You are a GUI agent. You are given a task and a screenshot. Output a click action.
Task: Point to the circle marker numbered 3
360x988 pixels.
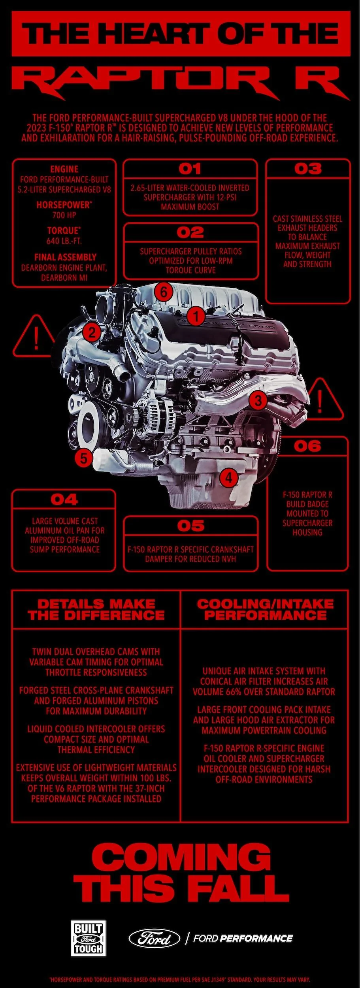coord(258,400)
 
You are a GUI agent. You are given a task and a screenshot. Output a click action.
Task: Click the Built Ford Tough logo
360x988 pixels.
coord(88,938)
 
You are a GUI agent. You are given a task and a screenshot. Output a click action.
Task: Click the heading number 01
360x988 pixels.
coord(190,169)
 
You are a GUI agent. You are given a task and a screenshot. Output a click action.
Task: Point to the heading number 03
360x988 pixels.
coord(308,169)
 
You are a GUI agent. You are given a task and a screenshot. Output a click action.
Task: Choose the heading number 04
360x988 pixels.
coord(64,500)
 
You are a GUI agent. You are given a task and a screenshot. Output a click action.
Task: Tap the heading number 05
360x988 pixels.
coord(190,526)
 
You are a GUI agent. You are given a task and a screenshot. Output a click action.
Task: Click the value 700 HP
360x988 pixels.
coord(64,215)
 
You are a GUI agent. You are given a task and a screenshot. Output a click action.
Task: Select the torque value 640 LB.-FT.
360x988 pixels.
coord(64,241)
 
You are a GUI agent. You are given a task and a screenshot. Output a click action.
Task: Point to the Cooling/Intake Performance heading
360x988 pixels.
coord(265,609)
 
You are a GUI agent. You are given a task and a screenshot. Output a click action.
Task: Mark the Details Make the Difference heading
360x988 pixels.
coord(96,609)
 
